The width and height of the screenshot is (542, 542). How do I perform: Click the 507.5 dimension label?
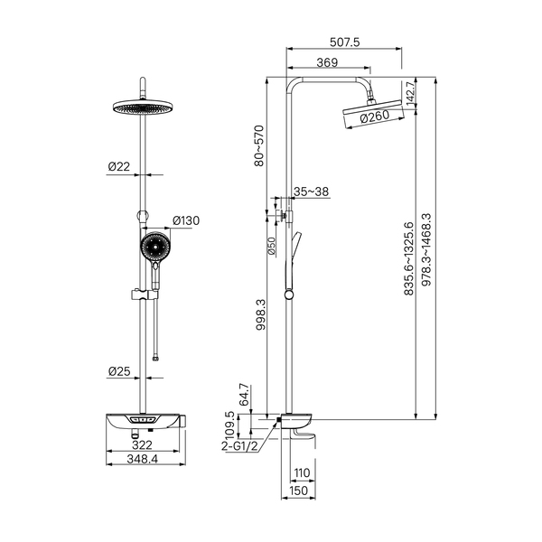click(x=345, y=42)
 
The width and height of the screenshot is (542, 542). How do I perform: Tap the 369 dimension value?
click(x=327, y=62)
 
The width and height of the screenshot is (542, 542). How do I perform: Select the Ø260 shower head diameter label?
click(x=375, y=117)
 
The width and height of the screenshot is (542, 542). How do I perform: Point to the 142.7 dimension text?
click(x=411, y=93)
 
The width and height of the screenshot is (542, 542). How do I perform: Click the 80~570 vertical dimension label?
click(x=259, y=145)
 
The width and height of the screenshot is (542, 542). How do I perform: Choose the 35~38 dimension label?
click(x=311, y=192)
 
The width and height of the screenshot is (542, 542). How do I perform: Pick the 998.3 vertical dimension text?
click(x=261, y=314)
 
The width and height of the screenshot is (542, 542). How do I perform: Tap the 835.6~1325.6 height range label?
click(x=408, y=258)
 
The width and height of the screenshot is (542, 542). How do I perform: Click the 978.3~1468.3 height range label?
click(x=426, y=249)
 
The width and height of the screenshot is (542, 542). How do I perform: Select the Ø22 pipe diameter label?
click(x=119, y=166)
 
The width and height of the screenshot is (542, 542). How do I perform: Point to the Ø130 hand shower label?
click(x=186, y=220)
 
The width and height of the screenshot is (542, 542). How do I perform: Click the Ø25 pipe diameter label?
click(x=119, y=371)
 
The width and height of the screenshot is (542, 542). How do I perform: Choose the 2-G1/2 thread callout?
click(x=240, y=446)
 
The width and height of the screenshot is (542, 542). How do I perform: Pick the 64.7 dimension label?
click(x=244, y=395)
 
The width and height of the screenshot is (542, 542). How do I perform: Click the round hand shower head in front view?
click(x=155, y=247)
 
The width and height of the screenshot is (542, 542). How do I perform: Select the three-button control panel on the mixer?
click(x=143, y=420)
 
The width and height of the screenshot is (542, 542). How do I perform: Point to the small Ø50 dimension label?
click(x=272, y=247)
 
